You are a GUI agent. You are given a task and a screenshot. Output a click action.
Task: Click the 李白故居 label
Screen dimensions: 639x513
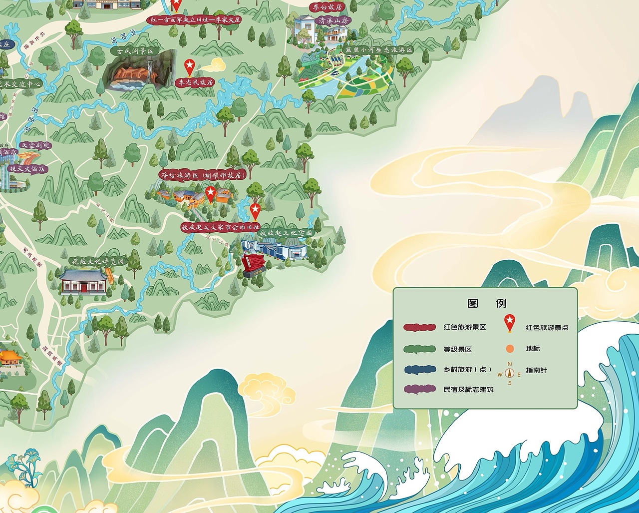tap(326, 7)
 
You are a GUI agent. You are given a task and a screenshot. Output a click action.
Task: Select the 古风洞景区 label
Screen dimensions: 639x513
tap(134, 51)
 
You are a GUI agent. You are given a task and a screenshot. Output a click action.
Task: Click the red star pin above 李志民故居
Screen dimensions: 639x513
tap(190, 66)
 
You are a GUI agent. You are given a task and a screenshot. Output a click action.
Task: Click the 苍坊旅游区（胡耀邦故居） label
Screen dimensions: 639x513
tap(202, 175)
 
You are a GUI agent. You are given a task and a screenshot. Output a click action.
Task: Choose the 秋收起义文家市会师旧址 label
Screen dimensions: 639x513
tap(220, 227)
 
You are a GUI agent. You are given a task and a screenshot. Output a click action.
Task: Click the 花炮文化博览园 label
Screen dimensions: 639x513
tap(97, 261)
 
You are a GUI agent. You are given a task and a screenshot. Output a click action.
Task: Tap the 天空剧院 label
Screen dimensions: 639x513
tap(34, 145)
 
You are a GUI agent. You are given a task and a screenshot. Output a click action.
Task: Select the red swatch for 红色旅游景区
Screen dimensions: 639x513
tap(420, 328)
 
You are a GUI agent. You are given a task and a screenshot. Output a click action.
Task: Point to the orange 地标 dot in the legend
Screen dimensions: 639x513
tap(509, 349)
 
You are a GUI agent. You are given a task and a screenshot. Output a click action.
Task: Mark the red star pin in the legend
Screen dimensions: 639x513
tap(509, 323)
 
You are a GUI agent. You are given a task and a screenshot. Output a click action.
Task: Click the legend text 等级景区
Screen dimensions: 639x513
tap(457, 350)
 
